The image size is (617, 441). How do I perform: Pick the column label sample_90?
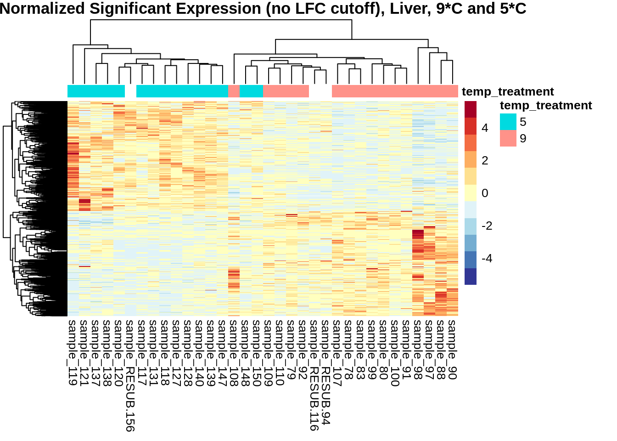coord(452,350)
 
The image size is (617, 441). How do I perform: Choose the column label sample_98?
coord(418,350)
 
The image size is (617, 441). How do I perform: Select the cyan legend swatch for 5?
coord(508,122)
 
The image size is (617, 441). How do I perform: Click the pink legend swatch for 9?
coord(508,139)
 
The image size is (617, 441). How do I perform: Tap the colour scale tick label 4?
coord(485,128)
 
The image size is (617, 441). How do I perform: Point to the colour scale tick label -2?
coord(487,226)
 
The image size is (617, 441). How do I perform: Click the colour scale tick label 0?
coord(485,193)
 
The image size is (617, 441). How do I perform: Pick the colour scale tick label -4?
coord(487,258)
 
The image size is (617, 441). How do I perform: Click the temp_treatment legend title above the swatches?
coord(546,106)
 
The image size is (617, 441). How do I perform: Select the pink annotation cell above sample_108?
coord(234,91)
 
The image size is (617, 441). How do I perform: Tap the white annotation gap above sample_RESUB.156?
coord(130,91)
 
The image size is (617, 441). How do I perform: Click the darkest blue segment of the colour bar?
coord(471,277)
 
